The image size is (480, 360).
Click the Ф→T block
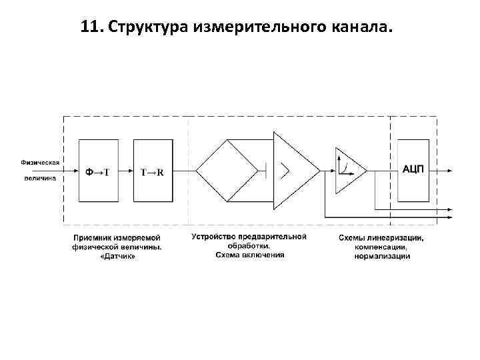click(x=98, y=171)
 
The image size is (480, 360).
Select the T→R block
click(x=153, y=171)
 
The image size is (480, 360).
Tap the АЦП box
click(x=413, y=170)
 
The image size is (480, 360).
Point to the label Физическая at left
click(x=40, y=161)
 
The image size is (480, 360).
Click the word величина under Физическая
click(x=40, y=178)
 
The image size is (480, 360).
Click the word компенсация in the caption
click(x=381, y=247)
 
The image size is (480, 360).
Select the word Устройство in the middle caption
click(x=213, y=237)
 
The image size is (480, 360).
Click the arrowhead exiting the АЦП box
click(x=452, y=171)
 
